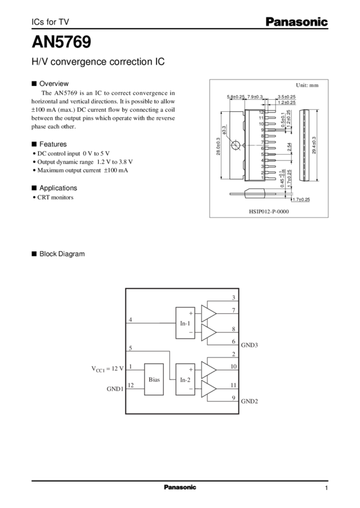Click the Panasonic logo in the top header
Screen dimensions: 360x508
coord(297,22)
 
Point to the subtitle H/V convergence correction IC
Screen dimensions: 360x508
coord(98,62)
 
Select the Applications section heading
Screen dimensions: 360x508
coord(58,188)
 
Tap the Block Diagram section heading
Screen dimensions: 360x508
coord(61,254)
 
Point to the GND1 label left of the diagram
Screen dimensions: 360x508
coord(115,389)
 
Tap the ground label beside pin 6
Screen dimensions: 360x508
coord(249,345)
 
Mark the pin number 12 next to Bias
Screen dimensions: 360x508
coord(131,385)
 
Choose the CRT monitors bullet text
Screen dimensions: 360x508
coord(54,198)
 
